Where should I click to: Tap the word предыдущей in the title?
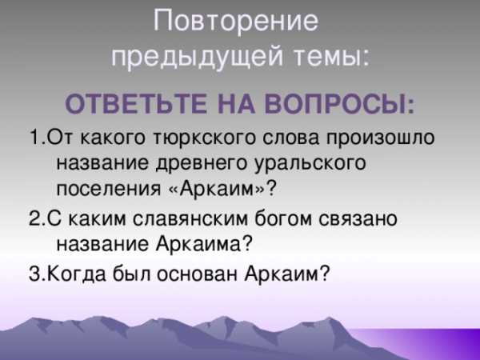click(197, 58)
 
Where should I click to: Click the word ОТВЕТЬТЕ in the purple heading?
click(136, 104)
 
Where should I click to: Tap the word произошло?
click(380, 138)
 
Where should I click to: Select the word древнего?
click(201, 163)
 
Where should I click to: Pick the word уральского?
click(310, 163)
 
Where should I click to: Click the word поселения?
click(109, 189)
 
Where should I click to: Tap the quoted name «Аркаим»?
click(214, 188)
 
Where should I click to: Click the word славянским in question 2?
click(190, 219)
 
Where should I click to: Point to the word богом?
click(283, 218)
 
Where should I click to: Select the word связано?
click(358, 219)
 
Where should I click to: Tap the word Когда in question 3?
click(77, 273)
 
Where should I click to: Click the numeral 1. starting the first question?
click(38, 138)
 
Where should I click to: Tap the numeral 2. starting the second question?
click(37, 218)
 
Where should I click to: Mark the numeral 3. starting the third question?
click(37, 274)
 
